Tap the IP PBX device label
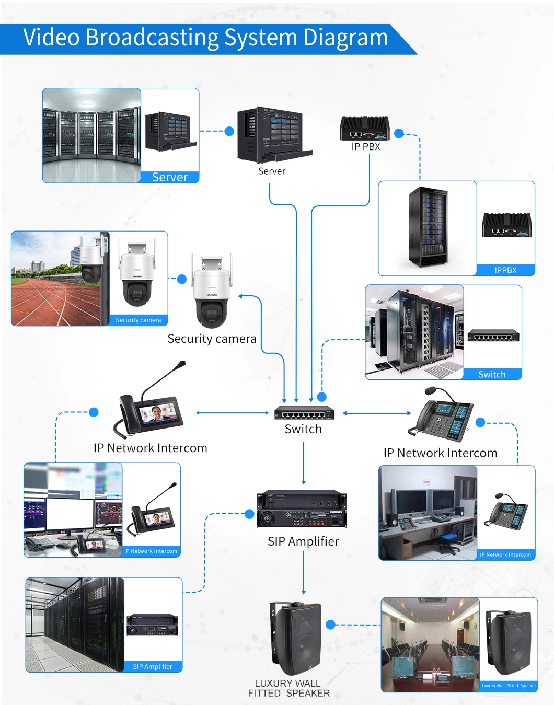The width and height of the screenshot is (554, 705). pos(366,147)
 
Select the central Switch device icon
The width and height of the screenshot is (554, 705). pos(304,413)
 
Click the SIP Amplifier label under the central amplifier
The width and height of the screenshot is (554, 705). pos(303,541)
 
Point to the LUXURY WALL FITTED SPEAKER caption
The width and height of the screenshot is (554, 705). pos(288,688)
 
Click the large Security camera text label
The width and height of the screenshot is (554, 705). pos(212,339)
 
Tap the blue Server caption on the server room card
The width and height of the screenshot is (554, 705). pos(170,177)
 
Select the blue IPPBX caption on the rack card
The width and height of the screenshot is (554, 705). pos(505,270)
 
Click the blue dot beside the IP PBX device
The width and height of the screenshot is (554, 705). pos(399,133)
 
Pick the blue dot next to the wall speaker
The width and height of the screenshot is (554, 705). pos(330,625)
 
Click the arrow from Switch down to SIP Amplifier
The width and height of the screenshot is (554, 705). pos(304,463)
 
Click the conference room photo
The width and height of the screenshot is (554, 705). pos(430,645)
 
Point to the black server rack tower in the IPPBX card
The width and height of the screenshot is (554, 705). pos(428,227)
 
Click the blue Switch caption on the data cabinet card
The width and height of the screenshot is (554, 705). pos(492,374)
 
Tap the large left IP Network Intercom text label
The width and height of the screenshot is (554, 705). pos(151,448)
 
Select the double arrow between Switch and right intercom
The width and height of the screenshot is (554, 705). pos(377,413)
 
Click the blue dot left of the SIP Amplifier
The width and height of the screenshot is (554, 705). pos(250,514)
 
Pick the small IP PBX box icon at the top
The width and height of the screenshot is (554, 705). pos(365,129)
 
